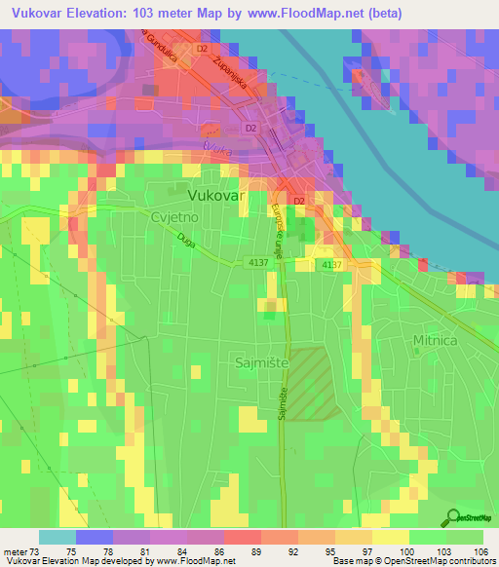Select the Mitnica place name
pos(434,340)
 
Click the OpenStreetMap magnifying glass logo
pos(453,516)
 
